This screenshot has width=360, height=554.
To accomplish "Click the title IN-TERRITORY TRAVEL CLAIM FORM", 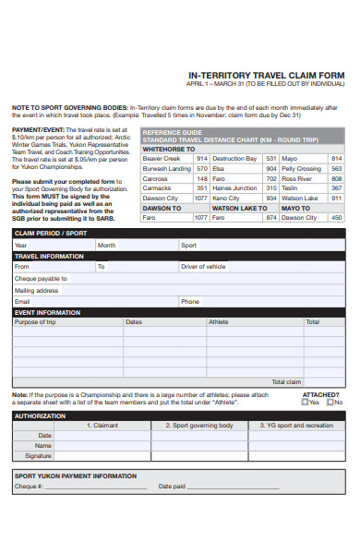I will tap(266, 76).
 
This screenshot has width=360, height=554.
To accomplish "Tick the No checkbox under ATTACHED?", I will tap(330, 402).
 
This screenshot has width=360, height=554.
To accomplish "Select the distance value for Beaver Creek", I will tap(200, 159).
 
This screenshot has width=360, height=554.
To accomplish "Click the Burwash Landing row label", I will tap(166, 169).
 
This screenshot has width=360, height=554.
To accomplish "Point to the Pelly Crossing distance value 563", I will tap(336, 169).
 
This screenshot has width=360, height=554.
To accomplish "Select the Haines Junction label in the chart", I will tap(234, 188).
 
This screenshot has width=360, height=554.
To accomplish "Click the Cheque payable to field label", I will tap(41, 278).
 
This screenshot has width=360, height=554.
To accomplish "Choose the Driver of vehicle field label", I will tap(203, 266).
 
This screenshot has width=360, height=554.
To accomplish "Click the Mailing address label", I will tap(36, 290).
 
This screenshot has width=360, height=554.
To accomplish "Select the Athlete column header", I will tap(219, 322).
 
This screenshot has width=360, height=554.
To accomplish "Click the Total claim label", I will tap(285, 381).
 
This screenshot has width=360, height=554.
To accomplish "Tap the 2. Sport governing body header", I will tap(199, 426).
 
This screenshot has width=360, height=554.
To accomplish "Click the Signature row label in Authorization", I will tap(39, 455).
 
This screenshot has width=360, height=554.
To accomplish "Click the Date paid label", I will tap(172, 486).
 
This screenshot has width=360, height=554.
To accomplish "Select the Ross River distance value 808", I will tap(336, 179).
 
